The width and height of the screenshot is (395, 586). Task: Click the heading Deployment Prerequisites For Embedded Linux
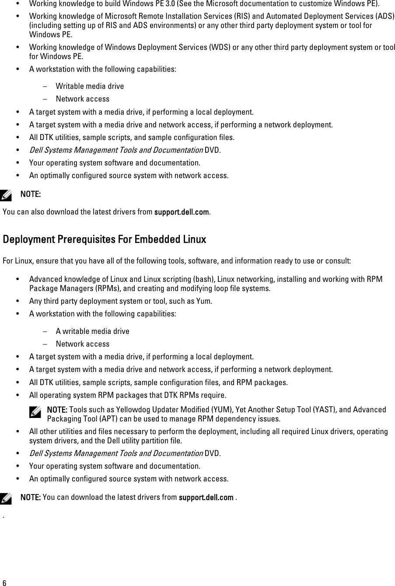pyautogui.click(x=104, y=239)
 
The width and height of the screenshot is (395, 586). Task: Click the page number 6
pyautogui.click(x=4, y=582)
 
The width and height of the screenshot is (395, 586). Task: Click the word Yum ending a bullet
pyautogui.click(x=205, y=301)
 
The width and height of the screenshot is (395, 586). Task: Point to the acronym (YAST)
pyautogui.click(x=298, y=410)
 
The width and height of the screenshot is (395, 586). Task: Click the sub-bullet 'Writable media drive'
pyautogui.click(x=90, y=86)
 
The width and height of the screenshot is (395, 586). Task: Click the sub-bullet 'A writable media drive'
pyautogui.click(x=92, y=331)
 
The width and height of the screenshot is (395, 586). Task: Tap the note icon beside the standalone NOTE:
pyautogui.click(x=7, y=193)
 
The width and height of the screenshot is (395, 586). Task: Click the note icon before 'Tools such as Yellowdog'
pyautogui.click(x=34, y=411)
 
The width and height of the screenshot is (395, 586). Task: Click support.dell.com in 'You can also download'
pyautogui.click(x=181, y=212)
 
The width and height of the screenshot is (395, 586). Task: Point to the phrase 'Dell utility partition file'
pyautogui.click(x=150, y=440)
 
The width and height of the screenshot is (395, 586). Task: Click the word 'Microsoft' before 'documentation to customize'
pyautogui.click(x=227, y=4)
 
